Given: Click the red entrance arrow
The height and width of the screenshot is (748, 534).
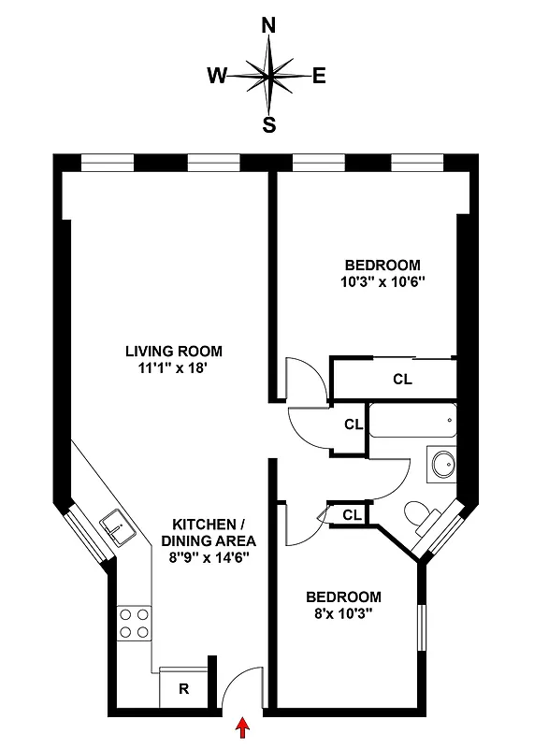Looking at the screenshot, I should point(245,727).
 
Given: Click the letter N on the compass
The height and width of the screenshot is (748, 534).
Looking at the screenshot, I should point(269,27).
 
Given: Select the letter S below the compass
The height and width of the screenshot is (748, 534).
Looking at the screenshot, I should point(269,124).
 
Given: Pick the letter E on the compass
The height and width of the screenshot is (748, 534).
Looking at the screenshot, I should point(319,77).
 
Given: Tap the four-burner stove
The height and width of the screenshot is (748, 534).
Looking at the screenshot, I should point(134,623).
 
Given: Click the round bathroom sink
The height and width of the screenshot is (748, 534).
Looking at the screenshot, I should point(441,462).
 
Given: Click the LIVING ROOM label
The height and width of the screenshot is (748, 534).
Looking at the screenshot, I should point(175,352).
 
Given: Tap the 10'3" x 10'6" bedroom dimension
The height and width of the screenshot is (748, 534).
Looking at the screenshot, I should point(382,280).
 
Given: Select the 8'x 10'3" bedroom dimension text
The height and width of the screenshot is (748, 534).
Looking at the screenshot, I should point(344,614).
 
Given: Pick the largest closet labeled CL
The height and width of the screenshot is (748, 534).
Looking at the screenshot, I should point(401,379).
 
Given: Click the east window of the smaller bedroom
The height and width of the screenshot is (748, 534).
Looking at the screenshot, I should point(423,626).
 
